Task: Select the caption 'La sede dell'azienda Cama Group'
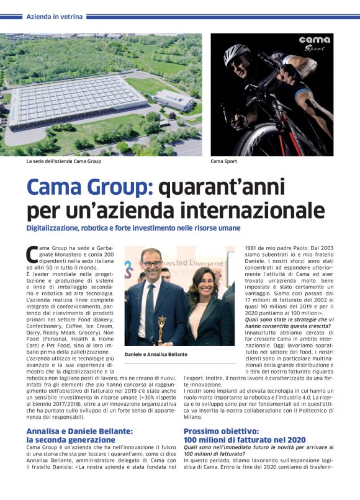(x=63, y=161)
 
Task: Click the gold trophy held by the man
(x=162, y=322)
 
